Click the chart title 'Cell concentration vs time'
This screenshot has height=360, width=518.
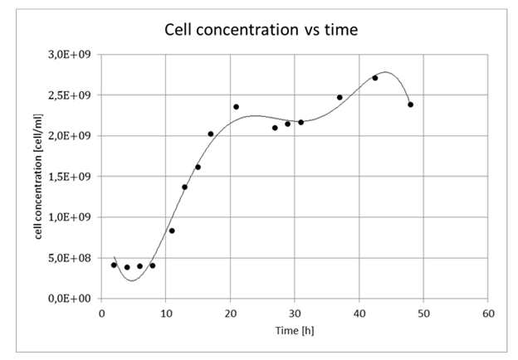tap(260, 30)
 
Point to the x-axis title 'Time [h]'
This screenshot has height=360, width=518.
tap(295, 330)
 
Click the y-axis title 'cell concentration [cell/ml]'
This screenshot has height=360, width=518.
tap(40, 176)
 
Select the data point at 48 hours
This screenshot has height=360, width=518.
tap(410, 105)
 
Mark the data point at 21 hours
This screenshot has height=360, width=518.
tap(236, 107)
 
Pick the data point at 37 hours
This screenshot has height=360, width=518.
tap(340, 98)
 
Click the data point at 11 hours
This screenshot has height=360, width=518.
tap(172, 231)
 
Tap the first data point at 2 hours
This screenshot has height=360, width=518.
tap(114, 265)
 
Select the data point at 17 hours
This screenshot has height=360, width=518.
tap(211, 134)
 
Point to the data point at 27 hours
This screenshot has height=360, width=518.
tap(275, 128)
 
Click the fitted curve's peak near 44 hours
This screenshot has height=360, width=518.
tap(386, 72)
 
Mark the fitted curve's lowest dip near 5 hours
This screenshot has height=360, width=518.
tap(131, 280)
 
